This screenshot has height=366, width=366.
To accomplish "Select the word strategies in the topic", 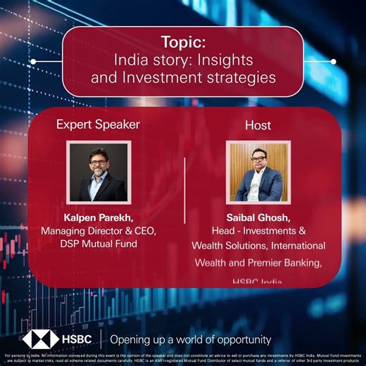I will (x=239, y=78).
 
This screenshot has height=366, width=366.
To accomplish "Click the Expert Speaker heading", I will (x=98, y=125).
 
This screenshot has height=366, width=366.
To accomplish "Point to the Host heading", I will (x=258, y=125).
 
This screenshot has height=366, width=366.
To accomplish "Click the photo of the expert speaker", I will (x=99, y=172).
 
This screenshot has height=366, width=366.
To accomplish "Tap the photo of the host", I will (x=258, y=172).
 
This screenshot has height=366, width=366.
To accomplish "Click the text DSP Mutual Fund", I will (x=99, y=244).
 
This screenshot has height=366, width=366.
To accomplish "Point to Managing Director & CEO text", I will (x=99, y=230).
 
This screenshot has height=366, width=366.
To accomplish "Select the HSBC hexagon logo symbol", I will (x=40, y=338).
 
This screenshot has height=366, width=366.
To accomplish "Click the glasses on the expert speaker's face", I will (x=98, y=160).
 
